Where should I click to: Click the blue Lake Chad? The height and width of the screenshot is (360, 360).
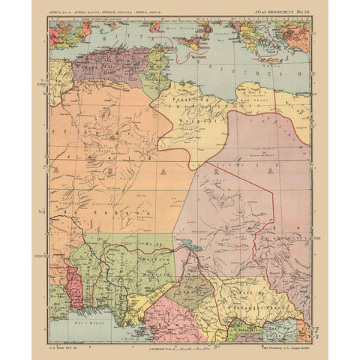click(184, 243)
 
